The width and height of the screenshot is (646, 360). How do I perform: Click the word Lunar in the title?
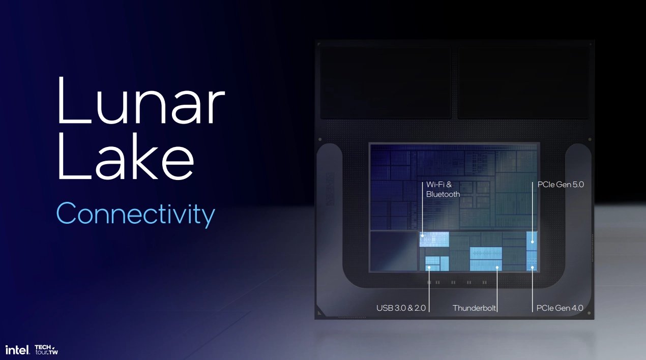click(141, 101)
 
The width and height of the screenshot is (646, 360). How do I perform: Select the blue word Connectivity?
click(136, 214)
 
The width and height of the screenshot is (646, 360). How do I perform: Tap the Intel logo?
click(18, 350)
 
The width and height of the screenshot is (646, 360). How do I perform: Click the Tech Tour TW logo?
click(46, 350)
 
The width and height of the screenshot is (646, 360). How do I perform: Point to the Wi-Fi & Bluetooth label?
click(443, 189)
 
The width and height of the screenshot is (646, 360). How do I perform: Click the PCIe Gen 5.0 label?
click(561, 185)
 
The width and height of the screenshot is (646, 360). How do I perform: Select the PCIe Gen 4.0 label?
click(560, 308)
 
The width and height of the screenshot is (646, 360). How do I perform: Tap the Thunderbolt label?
click(474, 308)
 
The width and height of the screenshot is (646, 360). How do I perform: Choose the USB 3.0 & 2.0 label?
click(401, 308)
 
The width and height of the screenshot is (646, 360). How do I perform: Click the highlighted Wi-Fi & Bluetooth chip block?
click(434, 239)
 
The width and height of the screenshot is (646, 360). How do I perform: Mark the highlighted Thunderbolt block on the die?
click(486, 259)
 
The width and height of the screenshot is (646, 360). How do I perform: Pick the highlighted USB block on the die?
click(437, 263)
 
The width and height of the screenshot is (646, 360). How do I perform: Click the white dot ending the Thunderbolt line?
click(497, 268)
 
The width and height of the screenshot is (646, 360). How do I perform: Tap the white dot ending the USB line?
click(429, 268)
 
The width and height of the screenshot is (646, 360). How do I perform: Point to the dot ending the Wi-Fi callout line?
click(423, 236)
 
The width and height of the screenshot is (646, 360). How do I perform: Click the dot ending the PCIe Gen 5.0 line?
click(533, 242)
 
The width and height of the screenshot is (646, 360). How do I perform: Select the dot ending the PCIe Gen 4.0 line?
click(533, 268)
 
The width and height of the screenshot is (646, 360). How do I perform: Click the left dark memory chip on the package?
click(386, 83)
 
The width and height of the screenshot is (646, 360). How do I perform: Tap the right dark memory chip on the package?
click(523, 83)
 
